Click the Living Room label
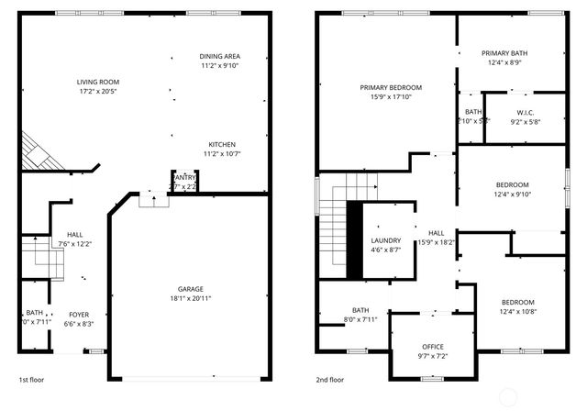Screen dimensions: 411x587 (x=97, y=82)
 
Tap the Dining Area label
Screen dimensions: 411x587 (x=219, y=56)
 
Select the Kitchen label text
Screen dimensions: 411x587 (x=222, y=144)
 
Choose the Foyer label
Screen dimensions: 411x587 (x=79, y=313)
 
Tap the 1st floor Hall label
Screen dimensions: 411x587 (x=74, y=234)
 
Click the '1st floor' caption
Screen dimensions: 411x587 (x=31, y=379)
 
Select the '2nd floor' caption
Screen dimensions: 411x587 (x=330, y=379)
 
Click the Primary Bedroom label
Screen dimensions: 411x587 (x=385, y=87)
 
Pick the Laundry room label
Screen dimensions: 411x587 (x=385, y=240)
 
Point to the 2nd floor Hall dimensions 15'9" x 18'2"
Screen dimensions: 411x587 (x=436, y=242)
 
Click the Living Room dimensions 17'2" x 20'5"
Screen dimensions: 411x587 (x=97, y=92)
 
